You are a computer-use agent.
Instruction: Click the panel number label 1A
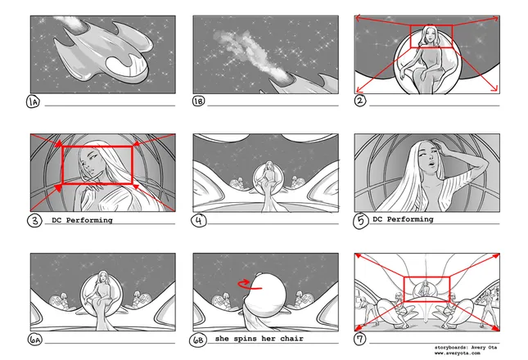click(x=34, y=102)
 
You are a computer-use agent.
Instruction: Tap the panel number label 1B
click(x=199, y=102)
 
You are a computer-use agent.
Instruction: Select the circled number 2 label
click(x=361, y=102)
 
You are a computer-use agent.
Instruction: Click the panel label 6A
click(x=34, y=338)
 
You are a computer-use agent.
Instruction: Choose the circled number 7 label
click(x=361, y=338)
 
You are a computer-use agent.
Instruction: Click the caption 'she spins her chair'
click(x=259, y=338)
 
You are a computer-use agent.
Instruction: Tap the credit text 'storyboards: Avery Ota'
click(x=463, y=348)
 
